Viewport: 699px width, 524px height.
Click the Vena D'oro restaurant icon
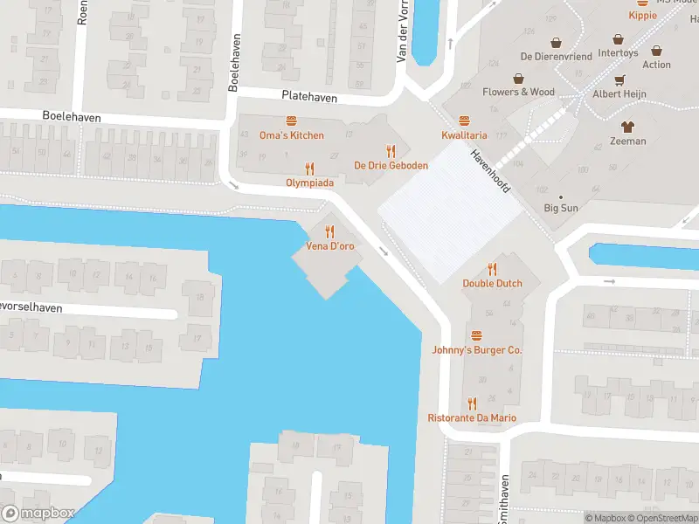pyautogui.click(x=329, y=231)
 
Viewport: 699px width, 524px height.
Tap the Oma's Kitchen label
pyautogui.click(x=291, y=135)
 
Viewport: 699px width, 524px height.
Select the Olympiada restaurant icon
pyautogui.click(x=309, y=169)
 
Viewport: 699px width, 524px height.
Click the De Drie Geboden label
pyautogui.click(x=391, y=165)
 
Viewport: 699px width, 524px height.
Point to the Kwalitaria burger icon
pyautogui.click(x=464, y=121)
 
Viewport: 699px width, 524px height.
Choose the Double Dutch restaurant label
pyautogui.click(x=492, y=283)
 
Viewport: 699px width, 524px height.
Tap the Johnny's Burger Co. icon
pyautogui.click(x=476, y=335)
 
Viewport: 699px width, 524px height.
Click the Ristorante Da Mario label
pyautogui.click(x=472, y=417)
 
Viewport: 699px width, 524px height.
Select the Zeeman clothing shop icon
pyautogui.click(x=627, y=127)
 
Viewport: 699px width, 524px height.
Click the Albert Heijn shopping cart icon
pyautogui.click(x=619, y=79)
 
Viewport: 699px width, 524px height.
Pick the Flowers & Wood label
pyautogui.click(x=518, y=92)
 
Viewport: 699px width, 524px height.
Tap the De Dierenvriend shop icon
pyautogui.click(x=556, y=42)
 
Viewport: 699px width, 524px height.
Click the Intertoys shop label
pyautogui.click(x=618, y=53)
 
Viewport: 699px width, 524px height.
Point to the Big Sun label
pyautogui.click(x=561, y=208)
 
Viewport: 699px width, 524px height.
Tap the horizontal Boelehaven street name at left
pyautogui.click(x=72, y=116)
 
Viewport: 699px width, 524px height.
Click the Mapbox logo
pyautogui.click(x=38, y=514)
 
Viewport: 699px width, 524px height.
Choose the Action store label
pyautogui.click(x=656, y=65)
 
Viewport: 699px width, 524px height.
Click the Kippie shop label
pyautogui.click(x=642, y=15)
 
